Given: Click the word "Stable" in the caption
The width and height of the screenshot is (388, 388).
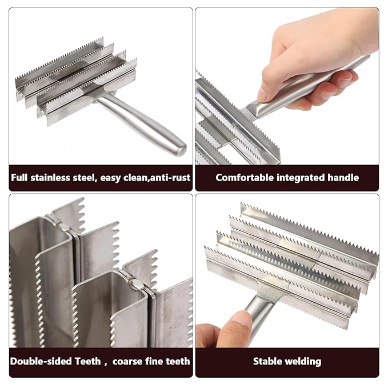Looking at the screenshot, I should [269, 361].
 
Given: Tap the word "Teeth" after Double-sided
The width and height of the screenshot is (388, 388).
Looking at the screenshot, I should [86, 361].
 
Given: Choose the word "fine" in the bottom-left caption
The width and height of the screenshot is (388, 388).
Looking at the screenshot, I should [155, 361].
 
